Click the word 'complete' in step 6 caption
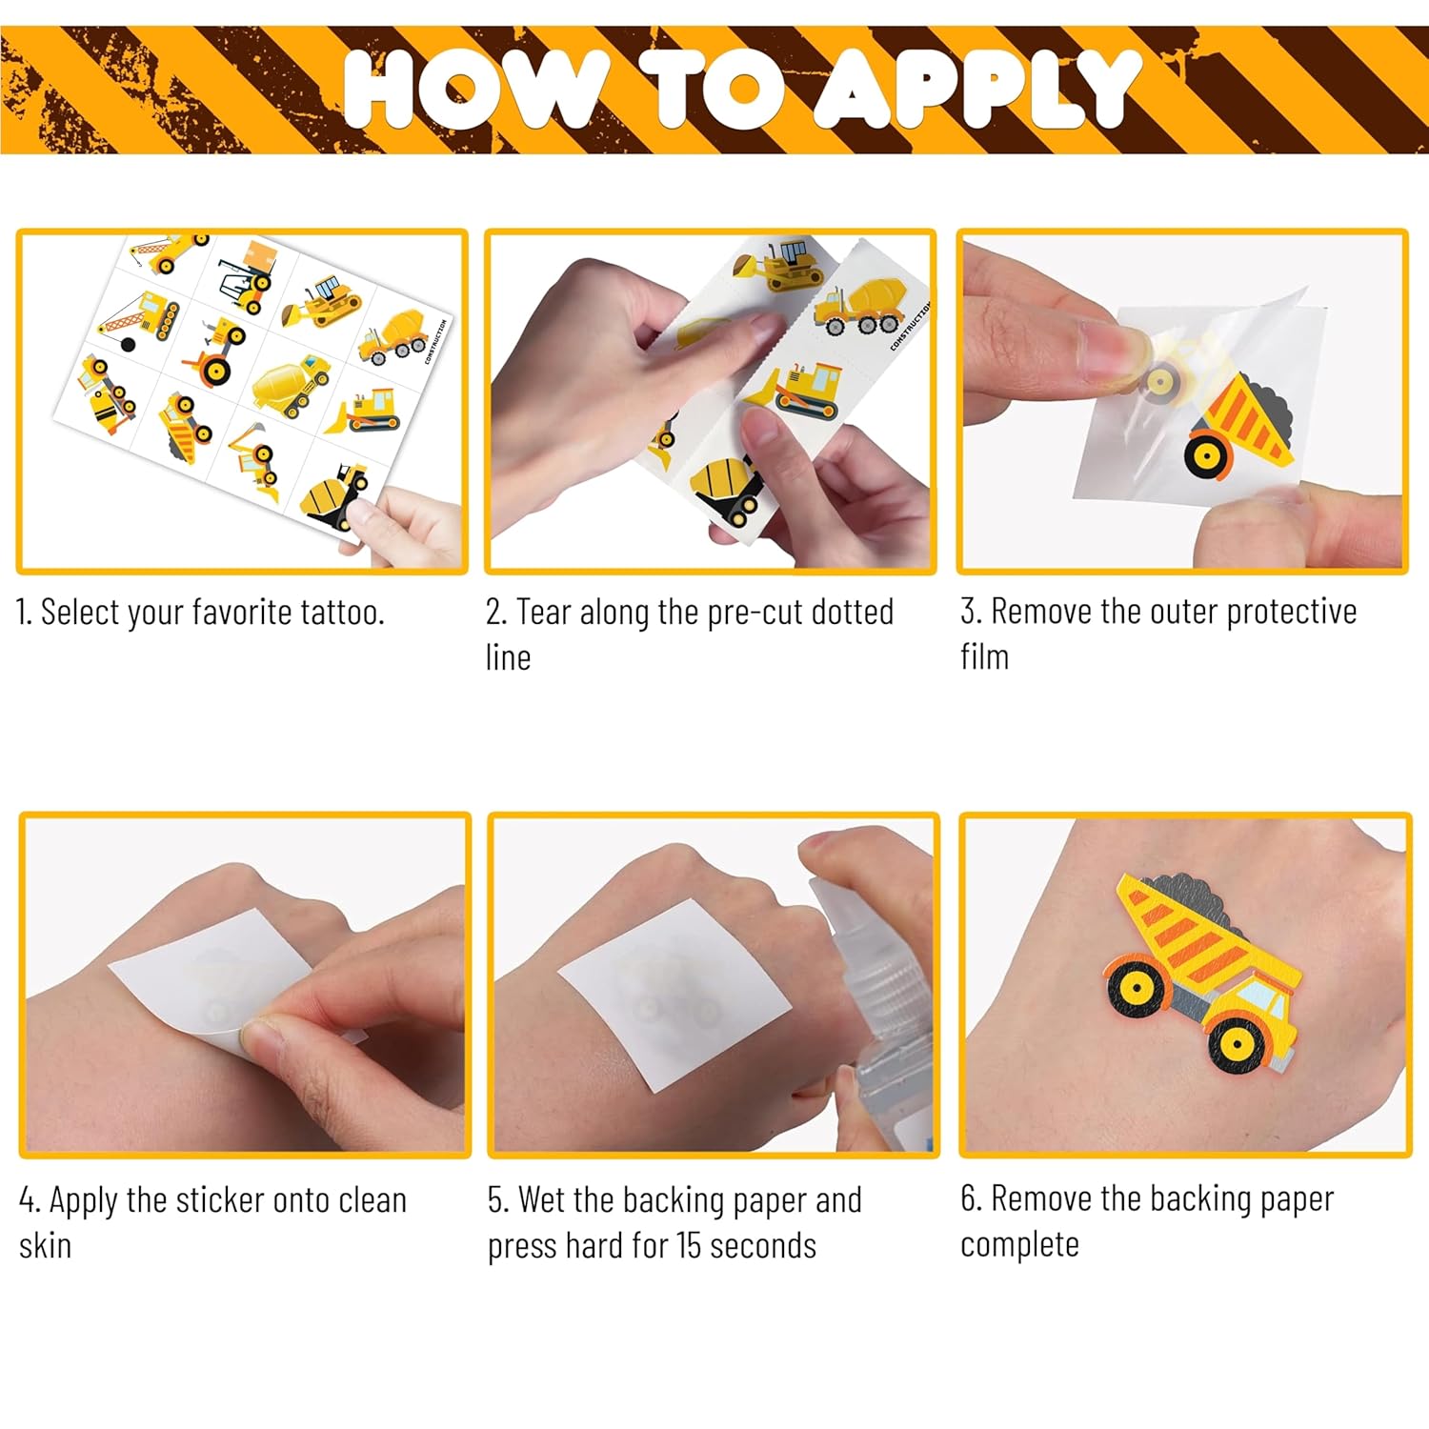(x=1019, y=1244)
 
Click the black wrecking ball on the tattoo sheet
(x=128, y=345)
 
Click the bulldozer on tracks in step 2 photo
(x=798, y=391)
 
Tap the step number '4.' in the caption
(x=30, y=1200)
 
